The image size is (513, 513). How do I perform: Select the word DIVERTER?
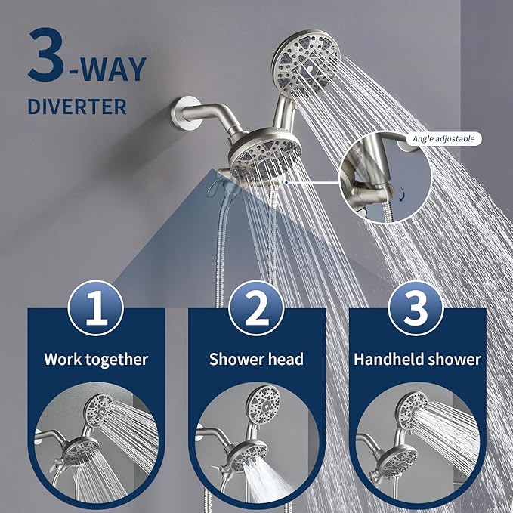click(76, 106)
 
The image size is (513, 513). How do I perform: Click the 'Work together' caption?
click(95, 359)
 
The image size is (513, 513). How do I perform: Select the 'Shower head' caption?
click(256, 359)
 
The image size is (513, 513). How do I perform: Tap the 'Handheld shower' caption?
click(417, 359)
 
